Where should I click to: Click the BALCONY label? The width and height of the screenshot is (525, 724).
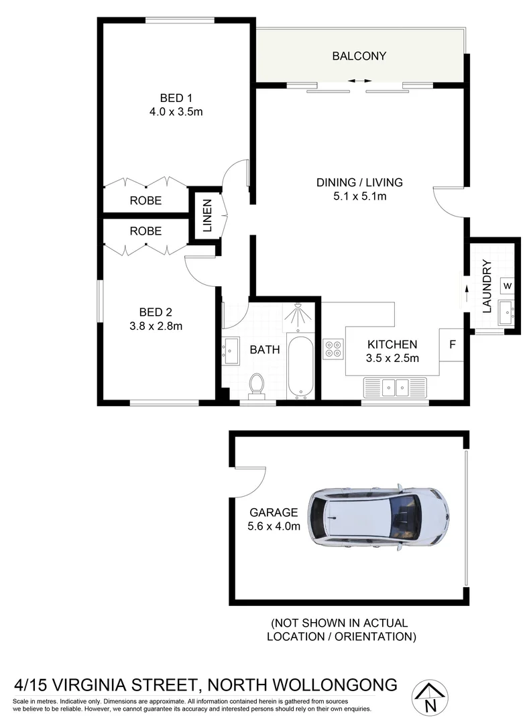(359, 56)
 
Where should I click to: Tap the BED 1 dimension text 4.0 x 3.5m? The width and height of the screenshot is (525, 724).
(176, 112)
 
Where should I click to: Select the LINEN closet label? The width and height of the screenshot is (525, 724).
(207, 215)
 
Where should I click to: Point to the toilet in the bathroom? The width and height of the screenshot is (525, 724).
(256, 385)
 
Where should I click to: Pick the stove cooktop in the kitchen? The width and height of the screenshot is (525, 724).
(333, 349)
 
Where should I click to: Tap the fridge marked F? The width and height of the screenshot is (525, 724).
(453, 345)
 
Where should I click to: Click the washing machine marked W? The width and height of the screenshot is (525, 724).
(508, 286)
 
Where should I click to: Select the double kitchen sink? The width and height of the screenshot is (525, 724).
(395, 387)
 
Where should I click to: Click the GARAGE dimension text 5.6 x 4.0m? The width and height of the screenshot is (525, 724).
(274, 526)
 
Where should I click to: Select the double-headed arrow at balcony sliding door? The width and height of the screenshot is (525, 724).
(359, 81)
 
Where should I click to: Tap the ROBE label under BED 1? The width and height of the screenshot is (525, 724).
(145, 200)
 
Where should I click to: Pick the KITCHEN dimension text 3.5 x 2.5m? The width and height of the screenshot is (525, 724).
(392, 358)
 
